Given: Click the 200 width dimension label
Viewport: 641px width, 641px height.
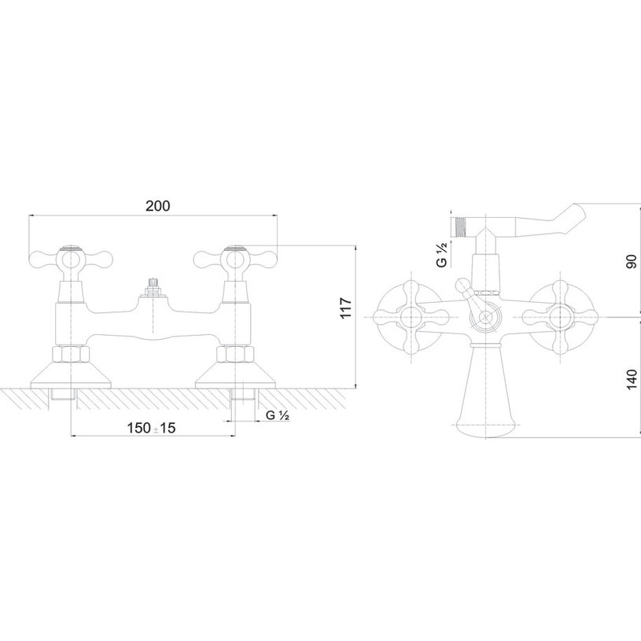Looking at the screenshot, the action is pyautogui.click(x=158, y=206).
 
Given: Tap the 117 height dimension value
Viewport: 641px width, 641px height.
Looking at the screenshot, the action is pyautogui.click(x=346, y=308).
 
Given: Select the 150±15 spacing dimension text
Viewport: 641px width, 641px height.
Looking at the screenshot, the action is pyautogui.click(x=151, y=428).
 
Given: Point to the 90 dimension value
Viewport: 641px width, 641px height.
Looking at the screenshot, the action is pyautogui.click(x=632, y=261).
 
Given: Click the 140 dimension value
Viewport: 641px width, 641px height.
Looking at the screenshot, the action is pyautogui.click(x=632, y=379).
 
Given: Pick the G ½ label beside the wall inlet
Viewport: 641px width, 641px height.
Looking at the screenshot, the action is pyautogui.click(x=278, y=415).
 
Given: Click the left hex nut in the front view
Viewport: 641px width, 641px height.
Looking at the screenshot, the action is pyautogui.click(x=71, y=354).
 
